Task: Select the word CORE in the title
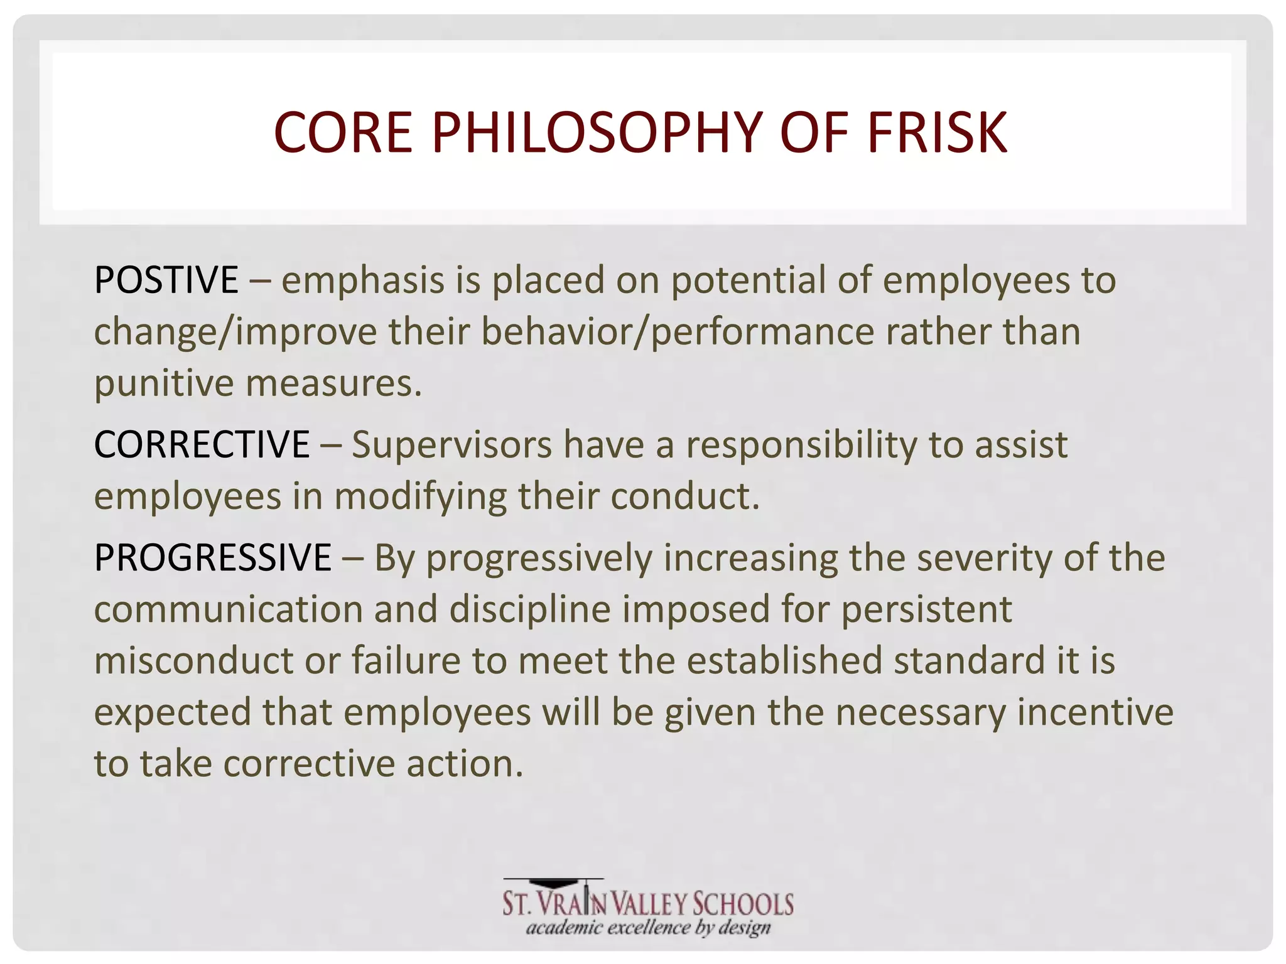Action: [343, 132]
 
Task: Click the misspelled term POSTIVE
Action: [166, 280]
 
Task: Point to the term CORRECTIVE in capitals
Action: [202, 445]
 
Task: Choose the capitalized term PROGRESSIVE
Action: [212, 558]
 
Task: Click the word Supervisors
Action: [451, 445]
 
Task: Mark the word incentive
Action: [1095, 712]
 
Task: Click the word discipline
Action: [530, 609]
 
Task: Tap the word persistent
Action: [926, 609]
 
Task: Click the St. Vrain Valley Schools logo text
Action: [648, 904]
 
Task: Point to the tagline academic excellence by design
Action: [648, 928]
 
